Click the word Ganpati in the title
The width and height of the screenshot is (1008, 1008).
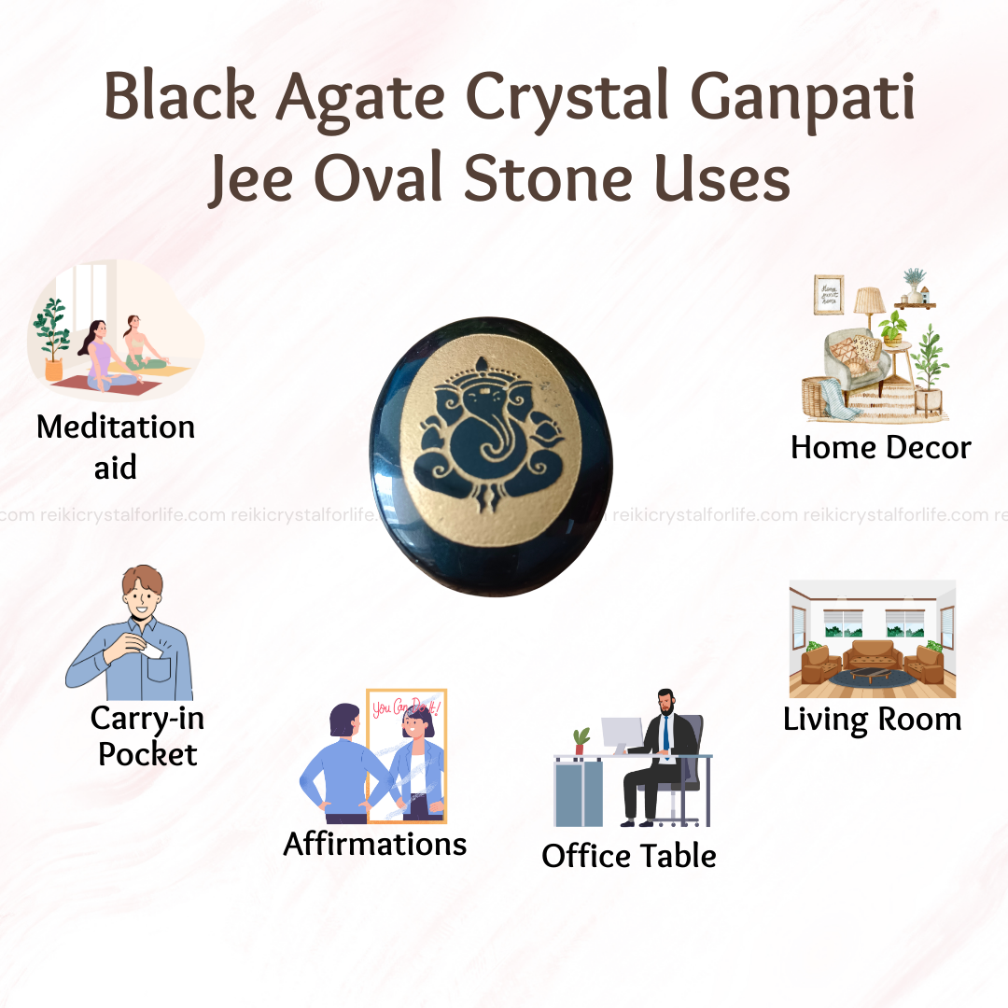point(803,98)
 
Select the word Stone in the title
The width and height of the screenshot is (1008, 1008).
point(549,178)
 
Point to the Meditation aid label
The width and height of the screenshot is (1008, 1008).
point(116,446)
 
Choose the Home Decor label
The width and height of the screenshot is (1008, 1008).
point(881,447)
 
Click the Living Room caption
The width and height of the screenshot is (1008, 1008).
point(873,720)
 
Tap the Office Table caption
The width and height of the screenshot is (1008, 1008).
point(629,856)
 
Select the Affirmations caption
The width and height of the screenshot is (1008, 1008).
point(375,844)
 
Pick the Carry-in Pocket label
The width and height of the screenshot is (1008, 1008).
point(147,736)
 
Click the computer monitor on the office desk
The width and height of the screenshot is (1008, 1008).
point(622,735)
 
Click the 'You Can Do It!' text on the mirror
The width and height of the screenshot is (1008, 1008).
point(406,707)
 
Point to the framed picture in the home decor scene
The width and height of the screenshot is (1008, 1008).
point(829,295)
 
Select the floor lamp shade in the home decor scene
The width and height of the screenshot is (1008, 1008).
point(869,300)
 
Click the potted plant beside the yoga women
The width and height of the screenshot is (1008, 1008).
point(52,339)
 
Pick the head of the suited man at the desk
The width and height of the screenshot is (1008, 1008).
point(666,702)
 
